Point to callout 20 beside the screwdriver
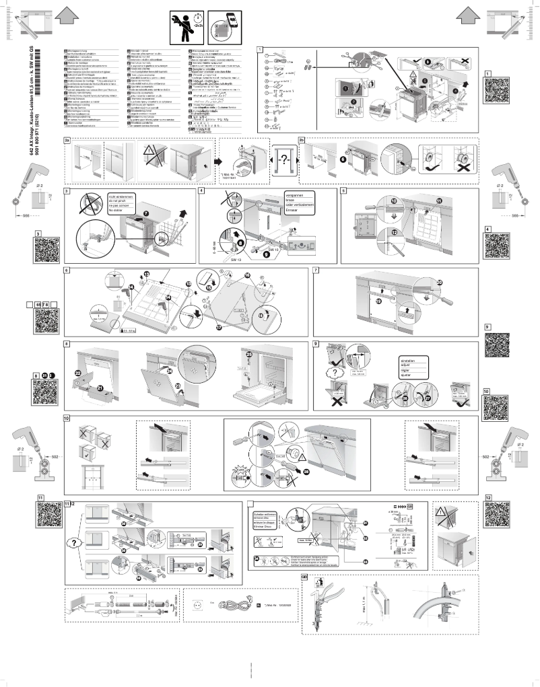point(441,283)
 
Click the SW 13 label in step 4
point(235,259)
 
